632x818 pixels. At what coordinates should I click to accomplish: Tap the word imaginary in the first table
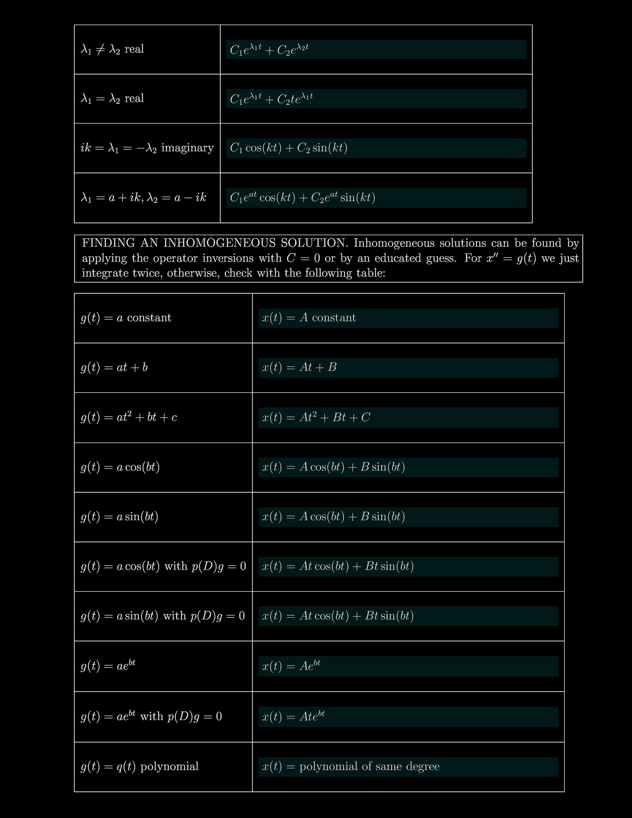click(187, 148)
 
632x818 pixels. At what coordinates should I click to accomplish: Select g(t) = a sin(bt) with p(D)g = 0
click(163, 616)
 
